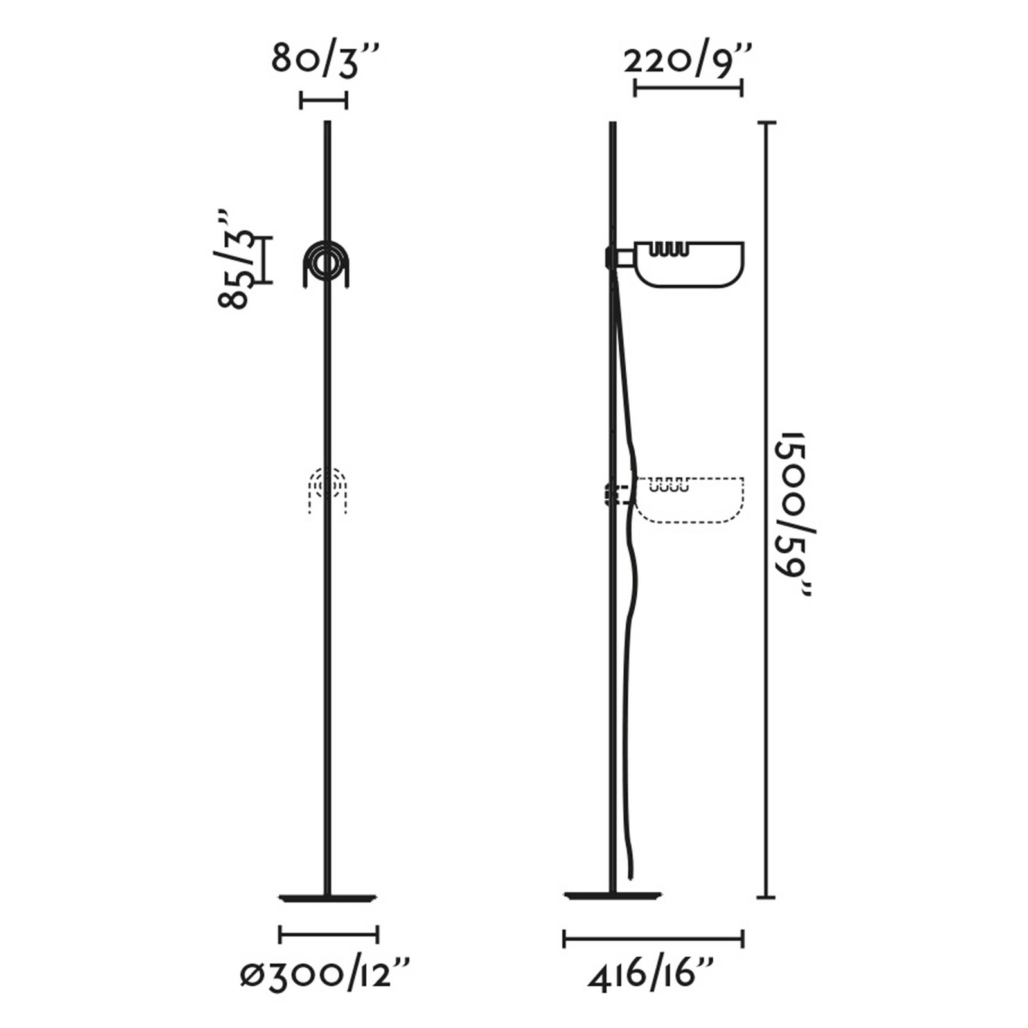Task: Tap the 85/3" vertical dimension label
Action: click(x=234, y=260)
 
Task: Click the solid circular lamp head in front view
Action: click(x=326, y=264)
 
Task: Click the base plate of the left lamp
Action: click(x=328, y=898)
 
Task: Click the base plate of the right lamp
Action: click(x=612, y=895)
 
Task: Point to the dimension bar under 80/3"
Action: click(x=324, y=100)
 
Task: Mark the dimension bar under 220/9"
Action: click(x=688, y=87)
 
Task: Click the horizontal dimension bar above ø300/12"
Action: click(x=328, y=934)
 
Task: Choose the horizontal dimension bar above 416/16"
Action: click(x=653, y=939)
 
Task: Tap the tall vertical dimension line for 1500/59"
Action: click(x=766, y=514)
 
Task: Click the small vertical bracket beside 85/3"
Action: click(x=265, y=260)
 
